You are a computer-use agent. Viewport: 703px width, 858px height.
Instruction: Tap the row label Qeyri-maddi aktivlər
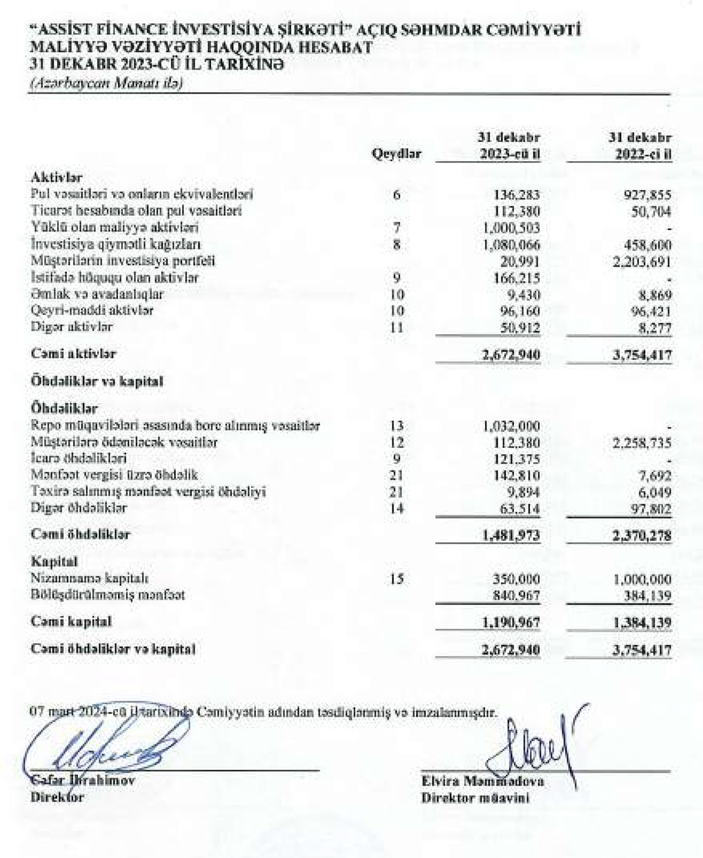pos(93,310)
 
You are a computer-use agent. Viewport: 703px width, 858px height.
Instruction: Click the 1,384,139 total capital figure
pos(643,623)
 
